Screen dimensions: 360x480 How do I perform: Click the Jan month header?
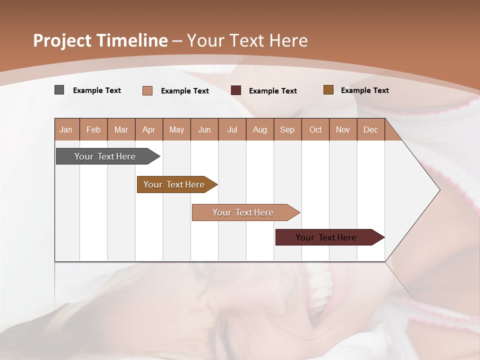[x=66, y=129]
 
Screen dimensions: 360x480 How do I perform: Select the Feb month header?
[x=93, y=129]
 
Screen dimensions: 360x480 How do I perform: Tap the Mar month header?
[x=121, y=129]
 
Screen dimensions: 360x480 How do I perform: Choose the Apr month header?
[x=149, y=129]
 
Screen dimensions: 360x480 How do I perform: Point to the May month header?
[x=176, y=129]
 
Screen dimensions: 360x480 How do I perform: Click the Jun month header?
[x=204, y=129]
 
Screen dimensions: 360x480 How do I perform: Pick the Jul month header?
[x=232, y=129]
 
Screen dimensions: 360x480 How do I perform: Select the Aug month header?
[x=260, y=129]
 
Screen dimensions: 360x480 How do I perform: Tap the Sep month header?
[x=287, y=129]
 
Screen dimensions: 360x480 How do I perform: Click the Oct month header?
[x=315, y=129]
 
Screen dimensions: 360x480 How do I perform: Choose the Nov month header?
[x=343, y=129]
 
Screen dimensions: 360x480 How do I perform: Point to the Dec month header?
[x=371, y=129]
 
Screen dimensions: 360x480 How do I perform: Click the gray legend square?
[x=59, y=90]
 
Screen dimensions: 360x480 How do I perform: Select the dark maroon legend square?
[x=236, y=90]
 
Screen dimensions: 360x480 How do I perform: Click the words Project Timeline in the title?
[x=100, y=40]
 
